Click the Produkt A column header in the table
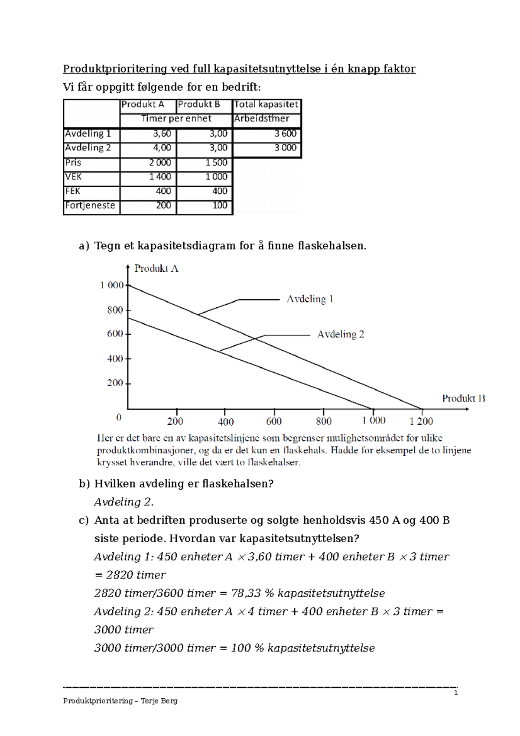pos(143,104)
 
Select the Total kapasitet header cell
pos(266,104)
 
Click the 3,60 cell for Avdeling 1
pos(162,134)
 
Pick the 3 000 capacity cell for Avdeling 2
pos(285,148)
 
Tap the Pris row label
pos(73,163)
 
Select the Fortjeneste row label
pos(90,205)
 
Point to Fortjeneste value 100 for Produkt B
pos(220,205)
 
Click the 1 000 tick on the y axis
pos(112,285)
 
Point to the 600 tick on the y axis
pos(115,334)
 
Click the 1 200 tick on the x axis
pos(421,421)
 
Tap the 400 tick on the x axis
pos(226,421)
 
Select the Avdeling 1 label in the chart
pos(309,299)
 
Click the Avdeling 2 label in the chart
pos(341,334)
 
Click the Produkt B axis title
pos(463,398)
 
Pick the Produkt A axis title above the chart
pos(156,269)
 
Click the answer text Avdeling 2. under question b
pos(124,502)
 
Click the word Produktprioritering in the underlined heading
pos(115,69)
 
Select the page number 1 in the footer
pos(455,693)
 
